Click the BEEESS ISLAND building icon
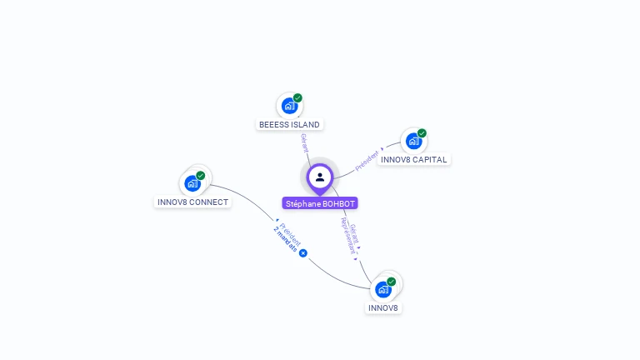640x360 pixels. coord(288,106)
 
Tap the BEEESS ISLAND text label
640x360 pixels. coord(289,125)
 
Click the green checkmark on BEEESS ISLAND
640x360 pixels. coord(297,98)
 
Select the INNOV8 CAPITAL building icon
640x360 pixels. coord(413,141)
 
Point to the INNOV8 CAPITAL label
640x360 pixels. coord(413,159)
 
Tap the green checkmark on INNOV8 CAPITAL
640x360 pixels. coord(422,133)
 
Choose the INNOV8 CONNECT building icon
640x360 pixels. coord(192,183)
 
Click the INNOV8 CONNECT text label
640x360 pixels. coord(192,202)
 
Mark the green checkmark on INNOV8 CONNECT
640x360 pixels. coord(201,176)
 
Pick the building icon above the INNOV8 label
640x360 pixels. coord(382,289)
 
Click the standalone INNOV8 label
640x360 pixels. coord(383,308)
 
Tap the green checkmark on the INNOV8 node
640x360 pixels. coord(392,282)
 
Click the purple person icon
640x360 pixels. coord(320,177)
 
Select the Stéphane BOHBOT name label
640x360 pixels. coord(320,203)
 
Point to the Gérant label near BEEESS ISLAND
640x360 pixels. coord(305,142)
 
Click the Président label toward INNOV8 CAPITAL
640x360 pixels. coord(367,160)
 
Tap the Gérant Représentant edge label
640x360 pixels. coord(352,238)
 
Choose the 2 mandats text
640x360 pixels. coord(285,239)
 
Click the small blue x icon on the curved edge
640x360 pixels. coord(303,253)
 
